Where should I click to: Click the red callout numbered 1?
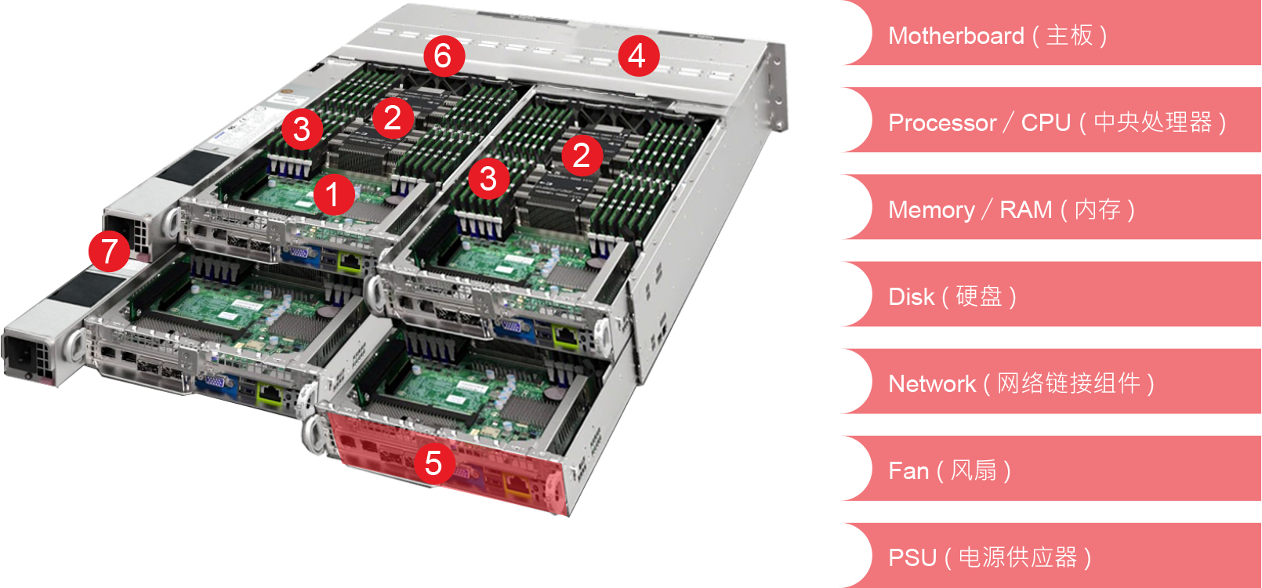tap(334, 194)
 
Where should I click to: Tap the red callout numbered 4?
tap(638, 56)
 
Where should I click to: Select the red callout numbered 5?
tap(434, 463)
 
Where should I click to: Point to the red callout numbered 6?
tap(444, 56)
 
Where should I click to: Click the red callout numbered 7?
tap(109, 251)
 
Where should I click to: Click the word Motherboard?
tap(956, 36)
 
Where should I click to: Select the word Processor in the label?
tap(942, 123)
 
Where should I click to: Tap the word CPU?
tap(1046, 123)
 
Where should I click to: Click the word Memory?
tap(931, 210)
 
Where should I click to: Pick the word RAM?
tap(1025, 209)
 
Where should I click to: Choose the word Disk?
tap(911, 296)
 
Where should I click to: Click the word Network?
tap(932, 384)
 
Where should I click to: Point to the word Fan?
tap(908, 470)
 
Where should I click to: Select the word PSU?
tap(912, 557)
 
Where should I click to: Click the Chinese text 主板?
tap(1069, 35)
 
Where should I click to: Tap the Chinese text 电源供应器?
tap(1017, 557)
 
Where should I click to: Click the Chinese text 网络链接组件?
tap(1068, 383)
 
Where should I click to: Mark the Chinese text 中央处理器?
tap(1153, 122)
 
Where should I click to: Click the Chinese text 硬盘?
tap(979, 296)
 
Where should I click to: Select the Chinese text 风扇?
tap(974, 470)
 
